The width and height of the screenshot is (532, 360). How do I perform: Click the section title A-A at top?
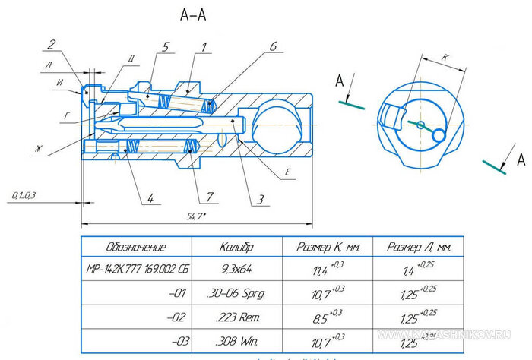coord(195,14)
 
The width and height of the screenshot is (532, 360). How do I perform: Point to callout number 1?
coord(203,47)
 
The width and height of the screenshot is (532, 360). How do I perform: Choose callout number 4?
coord(150,199)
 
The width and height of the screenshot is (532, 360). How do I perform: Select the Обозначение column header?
coord(135,248)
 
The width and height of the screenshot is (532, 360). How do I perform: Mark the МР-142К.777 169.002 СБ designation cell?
coord(135,269)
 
